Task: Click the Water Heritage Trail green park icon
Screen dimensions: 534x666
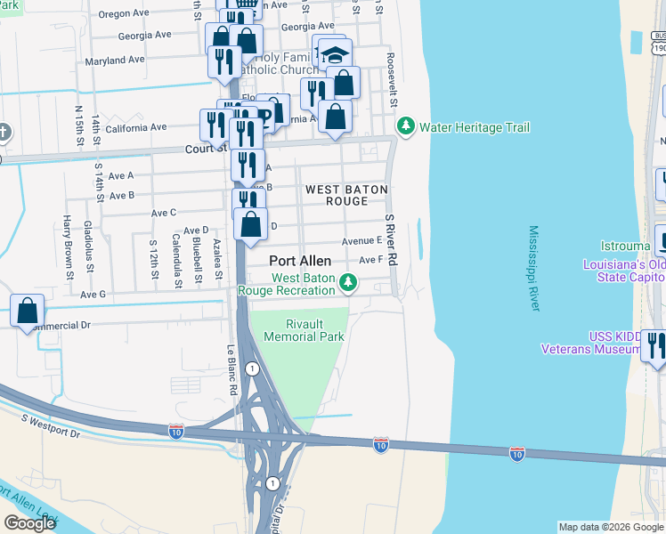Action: point(407,127)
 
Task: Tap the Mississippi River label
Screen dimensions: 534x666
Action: point(534,268)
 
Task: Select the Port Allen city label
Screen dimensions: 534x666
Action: point(301,262)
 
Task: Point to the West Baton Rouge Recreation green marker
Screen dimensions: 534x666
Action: point(350,284)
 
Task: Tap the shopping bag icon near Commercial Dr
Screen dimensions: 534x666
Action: point(28,311)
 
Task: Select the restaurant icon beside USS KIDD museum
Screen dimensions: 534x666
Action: point(654,345)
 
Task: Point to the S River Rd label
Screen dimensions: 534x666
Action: point(389,236)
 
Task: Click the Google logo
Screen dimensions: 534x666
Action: point(29,522)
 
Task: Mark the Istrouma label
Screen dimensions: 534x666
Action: point(608,242)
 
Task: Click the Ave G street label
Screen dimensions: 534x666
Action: point(93,295)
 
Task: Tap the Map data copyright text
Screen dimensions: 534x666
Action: point(611,527)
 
